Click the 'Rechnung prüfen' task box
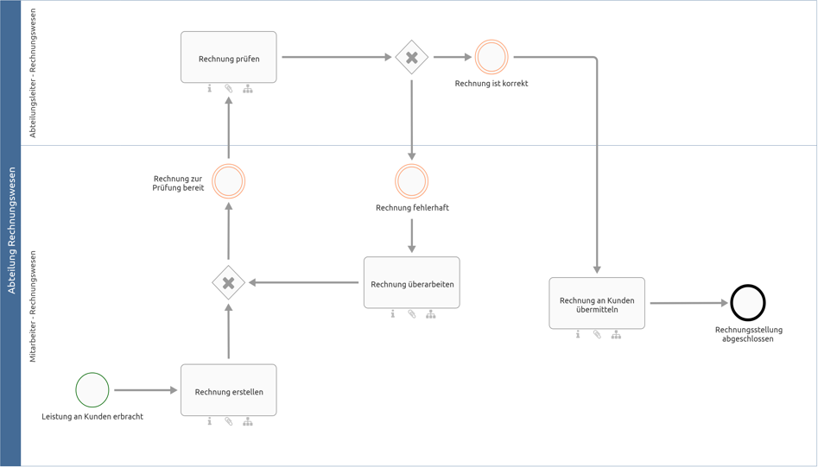pyautogui.click(x=228, y=58)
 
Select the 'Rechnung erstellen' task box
pyautogui.click(x=228, y=390)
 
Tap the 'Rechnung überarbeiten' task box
pyautogui.click(x=411, y=282)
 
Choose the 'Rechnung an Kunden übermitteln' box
pyautogui.click(x=597, y=303)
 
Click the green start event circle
pyautogui.click(x=92, y=390)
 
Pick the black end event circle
pyautogui.click(x=747, y=303)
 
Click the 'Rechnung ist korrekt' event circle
pyautogui.click(x=491, y=58)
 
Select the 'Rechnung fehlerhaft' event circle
pyautogui.click(x=411, y=181)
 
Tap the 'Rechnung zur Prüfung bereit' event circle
pyautogui.click(x=228, y=181)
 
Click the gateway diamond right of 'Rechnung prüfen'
pyautogui.click(x=411, y=58)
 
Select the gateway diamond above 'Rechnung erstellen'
pyautogui.click(x=228, y=282)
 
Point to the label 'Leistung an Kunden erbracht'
pyautogui.click(x=92, y=417)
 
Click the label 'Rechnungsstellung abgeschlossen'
pyautogui.click(x=748, y=334)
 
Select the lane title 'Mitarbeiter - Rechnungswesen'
pyautogui.click(x=34, y=306)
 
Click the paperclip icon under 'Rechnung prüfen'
pyautogui.click(x=229, y=89)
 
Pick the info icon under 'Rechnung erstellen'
pyautogui.click(x=209, y=421)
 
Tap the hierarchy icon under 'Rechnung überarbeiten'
pyautogui.click(x=430, y=314)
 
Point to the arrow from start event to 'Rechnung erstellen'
pyautogui.click(x=144, y=390)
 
